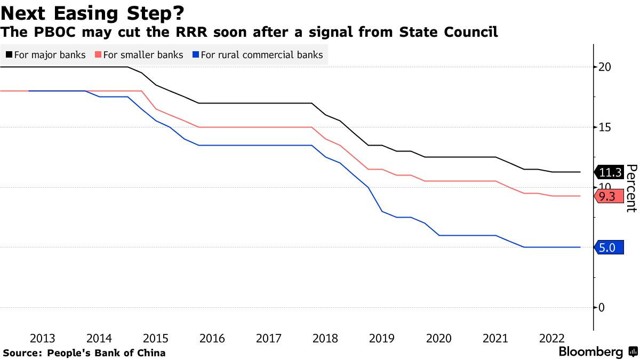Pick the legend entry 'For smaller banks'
(x=138, y=55)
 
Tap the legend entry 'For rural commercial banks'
(x=257, y=55)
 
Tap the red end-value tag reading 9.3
(x=607, y=196)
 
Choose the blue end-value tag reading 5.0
(x=608, y=247)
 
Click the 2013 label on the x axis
(x=43, y=339)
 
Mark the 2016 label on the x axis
(x=212, y=339)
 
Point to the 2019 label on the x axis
(x=381, y=339)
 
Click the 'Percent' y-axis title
(x=631, y=188)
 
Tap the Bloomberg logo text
(x=591, y=352)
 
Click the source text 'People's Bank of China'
(x=106, y=353)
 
